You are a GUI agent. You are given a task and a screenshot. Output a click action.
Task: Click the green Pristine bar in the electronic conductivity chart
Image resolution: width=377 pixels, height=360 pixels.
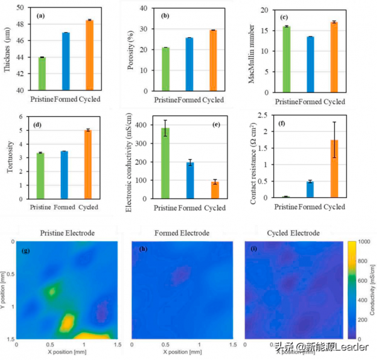tap(165, 163)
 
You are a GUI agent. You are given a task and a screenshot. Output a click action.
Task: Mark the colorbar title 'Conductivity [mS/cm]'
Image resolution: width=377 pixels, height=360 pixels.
tap(373, 288)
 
